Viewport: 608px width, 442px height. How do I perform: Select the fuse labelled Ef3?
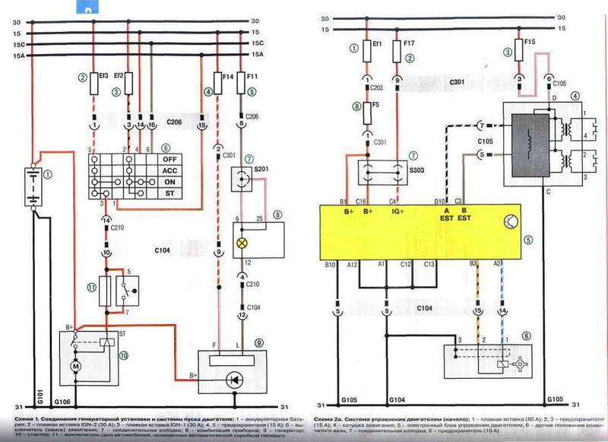coord(94,81)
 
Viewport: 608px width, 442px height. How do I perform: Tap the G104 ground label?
coord(398,399)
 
